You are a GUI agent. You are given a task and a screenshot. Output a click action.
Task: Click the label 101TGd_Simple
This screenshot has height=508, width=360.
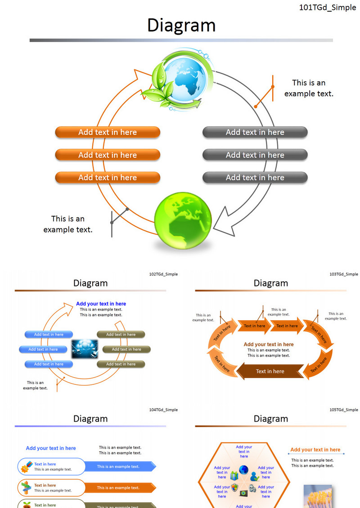[327, 8]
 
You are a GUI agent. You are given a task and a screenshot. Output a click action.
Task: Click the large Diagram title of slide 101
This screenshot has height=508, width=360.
[181, 26]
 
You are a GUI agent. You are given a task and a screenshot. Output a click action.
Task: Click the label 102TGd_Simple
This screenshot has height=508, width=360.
[163, 274]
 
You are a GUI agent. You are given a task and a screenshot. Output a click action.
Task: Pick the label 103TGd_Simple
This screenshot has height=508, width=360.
[344, 274]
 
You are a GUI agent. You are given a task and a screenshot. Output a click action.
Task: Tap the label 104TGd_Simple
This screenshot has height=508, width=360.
[163, 410]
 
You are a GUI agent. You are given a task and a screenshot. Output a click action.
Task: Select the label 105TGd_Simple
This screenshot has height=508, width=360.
[344, 410]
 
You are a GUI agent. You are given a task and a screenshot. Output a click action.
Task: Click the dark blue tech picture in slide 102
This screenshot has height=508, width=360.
[85, 349]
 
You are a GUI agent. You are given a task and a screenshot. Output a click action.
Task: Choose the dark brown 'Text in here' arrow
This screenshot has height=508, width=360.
[270, 371]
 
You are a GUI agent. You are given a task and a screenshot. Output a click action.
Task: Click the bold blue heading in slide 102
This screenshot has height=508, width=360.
[101, 304]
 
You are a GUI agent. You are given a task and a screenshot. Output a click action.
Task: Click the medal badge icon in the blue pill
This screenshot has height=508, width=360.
[27, 467]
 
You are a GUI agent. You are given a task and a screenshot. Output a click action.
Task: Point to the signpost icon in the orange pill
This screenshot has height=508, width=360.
[27, 488]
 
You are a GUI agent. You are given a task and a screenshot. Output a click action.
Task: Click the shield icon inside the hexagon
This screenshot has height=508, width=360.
[234, 488]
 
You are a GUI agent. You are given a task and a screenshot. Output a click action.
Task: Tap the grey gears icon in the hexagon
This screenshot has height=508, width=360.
[253, 488]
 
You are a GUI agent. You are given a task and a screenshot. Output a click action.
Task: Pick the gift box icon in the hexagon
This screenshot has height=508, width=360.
[234, 475]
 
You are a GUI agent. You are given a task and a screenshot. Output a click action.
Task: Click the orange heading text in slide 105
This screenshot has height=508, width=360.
[315, 450]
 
